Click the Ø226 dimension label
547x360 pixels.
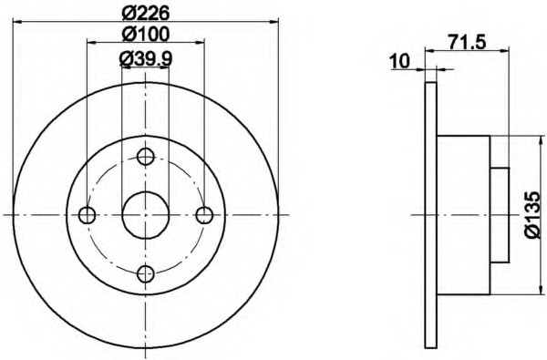pyautogui.click(x=146, y=14)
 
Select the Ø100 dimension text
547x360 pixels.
pyautogui.click(x=146, y=35)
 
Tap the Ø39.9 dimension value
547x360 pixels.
pyautogui.click(x=146, y=59)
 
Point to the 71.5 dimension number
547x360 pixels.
pyautogui.click(x=467, y=43)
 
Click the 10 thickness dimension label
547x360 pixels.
pyautogui.click(x=399, y=62)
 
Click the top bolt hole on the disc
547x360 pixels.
pyautogui.click(x=146, y=156)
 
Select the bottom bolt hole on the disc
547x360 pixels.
pyautogui.click(x=146, y=274)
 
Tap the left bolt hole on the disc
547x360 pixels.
pyautogui.click(x=87, y=215)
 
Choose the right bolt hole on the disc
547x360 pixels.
pyautogui.click(x=204, y=215)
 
